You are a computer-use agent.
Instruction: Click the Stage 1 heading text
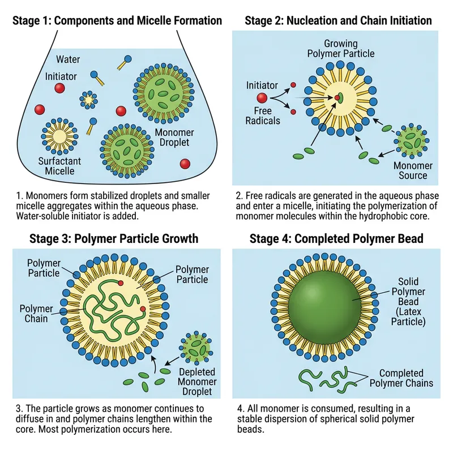pos(117,21)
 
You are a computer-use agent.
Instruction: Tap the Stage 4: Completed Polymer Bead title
pos(336,238)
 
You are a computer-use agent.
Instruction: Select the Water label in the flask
pos(68,59)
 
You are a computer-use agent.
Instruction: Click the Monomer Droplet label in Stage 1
pos(174,138)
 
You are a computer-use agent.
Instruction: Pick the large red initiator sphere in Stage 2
pos(262,98)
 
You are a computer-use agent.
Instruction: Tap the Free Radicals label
pos(262,116)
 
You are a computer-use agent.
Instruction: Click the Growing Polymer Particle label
pos(341,49)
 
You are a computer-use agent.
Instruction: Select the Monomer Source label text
pos(413,171)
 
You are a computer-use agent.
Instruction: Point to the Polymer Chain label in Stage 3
pos(36,314)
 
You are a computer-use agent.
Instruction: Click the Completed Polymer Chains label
pos(401,378)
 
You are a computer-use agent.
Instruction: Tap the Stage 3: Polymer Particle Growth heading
pos(114,238)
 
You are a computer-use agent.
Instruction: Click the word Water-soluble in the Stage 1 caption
pos(45,216)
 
